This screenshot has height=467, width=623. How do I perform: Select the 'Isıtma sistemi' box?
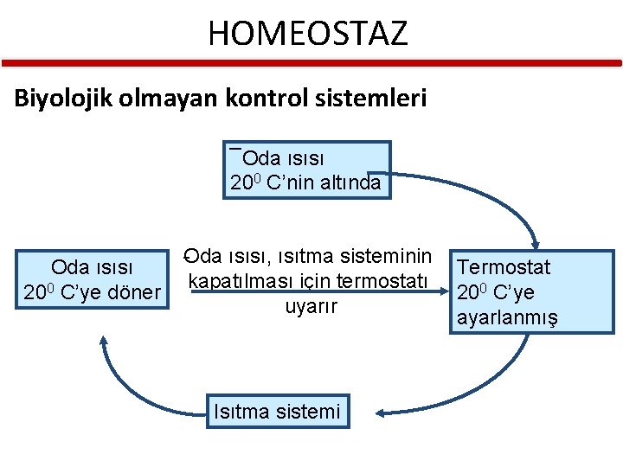[x=277, y=411]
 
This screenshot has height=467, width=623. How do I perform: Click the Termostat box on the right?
[x=535, y=292]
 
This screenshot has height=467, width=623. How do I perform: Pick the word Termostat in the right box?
[x=504, y=267]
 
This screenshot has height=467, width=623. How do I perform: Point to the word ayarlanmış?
[x=507, y=317]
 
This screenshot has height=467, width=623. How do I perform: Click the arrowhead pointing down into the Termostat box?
[x=536, y=245]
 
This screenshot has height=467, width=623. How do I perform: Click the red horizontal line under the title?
[x=311, y=62]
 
